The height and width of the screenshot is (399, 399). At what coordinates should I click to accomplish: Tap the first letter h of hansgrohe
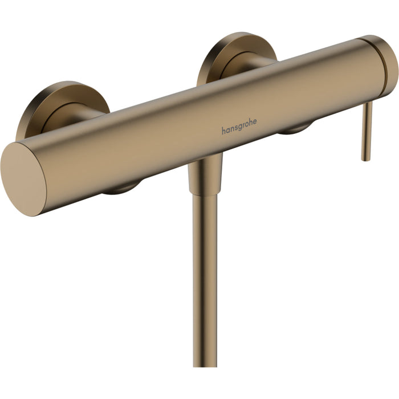pos(223,131)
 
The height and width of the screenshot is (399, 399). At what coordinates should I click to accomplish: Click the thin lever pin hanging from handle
pos(368,131)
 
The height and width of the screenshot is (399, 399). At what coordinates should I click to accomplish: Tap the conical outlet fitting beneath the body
pos(205,174)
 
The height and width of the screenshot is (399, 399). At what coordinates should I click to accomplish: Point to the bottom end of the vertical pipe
pos(206,365)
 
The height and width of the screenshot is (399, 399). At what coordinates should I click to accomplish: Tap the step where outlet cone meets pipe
pos(205,193)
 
